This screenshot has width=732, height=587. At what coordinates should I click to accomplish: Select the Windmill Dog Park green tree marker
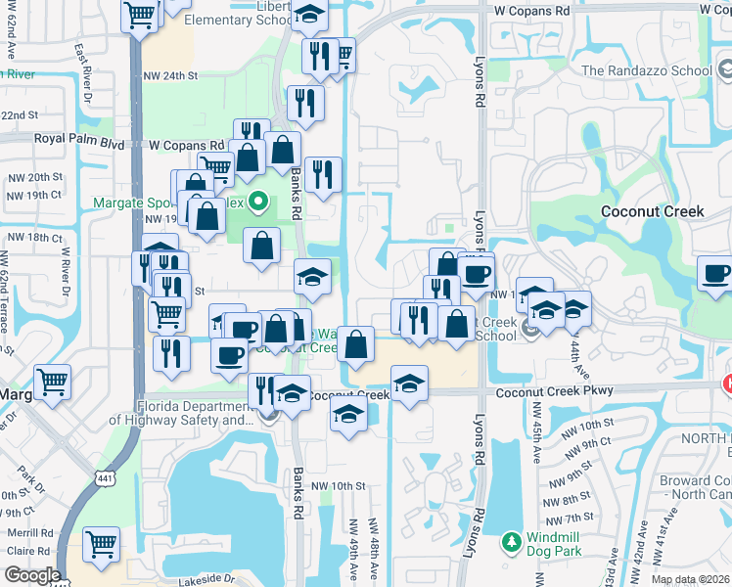[509, 541]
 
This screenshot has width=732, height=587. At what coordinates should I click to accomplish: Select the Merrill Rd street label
[32, 533]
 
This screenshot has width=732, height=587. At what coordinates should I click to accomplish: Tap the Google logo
[31, 575]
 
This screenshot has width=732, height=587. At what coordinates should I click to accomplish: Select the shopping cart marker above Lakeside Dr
[102, 544]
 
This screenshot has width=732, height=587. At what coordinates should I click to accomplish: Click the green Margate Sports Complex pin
[258, 203]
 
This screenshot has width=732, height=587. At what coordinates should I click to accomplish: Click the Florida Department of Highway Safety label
[183, 414]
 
